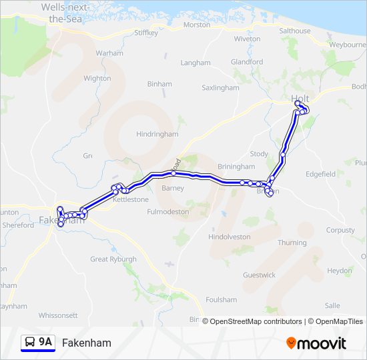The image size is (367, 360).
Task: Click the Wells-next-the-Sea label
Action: (66, 13)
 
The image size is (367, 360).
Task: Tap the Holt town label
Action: (300, 99)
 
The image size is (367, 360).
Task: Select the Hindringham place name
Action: (157, 134)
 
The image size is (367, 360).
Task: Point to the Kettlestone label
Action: (131, 199)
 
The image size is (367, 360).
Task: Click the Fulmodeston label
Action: (169, 211)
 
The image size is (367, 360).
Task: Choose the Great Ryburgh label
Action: (113, 259)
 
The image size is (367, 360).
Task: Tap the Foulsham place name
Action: (222, 300)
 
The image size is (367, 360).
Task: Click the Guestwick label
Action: (259, 275)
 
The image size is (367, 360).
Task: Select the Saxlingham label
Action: (220, 87)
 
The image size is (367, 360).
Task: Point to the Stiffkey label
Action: (146, 32)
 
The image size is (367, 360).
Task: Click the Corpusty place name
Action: (340, 230)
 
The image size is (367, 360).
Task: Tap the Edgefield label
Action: (320, 174)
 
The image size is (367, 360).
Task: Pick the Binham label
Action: (159, 85)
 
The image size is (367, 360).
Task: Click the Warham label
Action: (109, 53)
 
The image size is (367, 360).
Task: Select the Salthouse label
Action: (294, 31)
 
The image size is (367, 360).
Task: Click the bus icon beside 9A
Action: (29, 343)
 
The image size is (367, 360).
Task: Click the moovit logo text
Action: (322, 343)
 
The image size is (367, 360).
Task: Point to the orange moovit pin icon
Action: (291, 343)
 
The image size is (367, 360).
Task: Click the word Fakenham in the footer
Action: (86, 343)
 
